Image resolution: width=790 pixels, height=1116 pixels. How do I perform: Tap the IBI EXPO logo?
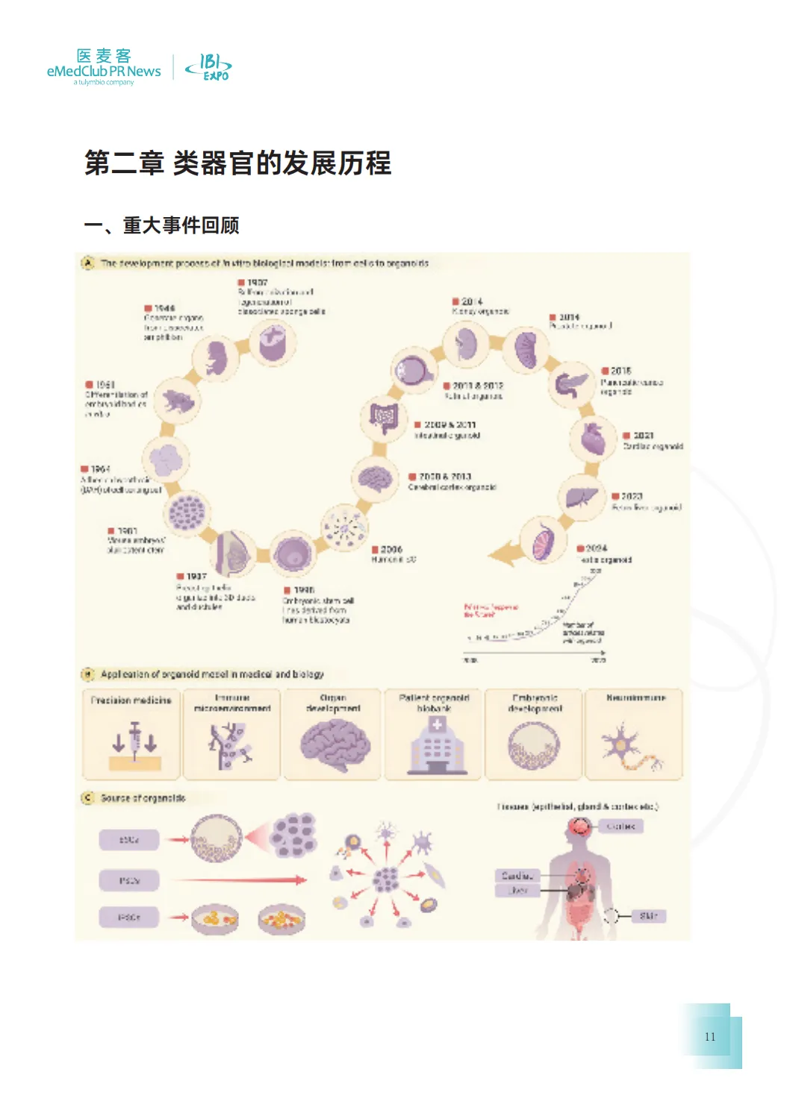[x=208, y=67]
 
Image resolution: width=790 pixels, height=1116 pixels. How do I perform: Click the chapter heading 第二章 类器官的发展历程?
[x=237, y=163]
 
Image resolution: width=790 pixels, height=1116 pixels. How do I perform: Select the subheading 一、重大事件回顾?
[x=161, y=225]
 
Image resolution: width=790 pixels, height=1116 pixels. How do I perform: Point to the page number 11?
[x=710, y=1036]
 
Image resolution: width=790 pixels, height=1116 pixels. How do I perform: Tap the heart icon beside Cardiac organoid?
[x=594, y=438]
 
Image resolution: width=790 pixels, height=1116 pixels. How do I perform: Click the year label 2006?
[x=391, y=550]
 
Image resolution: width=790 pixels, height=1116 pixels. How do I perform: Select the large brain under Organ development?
[x=335, y=744]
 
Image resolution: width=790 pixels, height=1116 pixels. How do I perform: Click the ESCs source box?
[x=130, y=840]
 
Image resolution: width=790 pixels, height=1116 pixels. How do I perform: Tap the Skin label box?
[x=648, y=916]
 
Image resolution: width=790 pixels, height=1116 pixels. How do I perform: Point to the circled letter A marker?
[x=88, y=263]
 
